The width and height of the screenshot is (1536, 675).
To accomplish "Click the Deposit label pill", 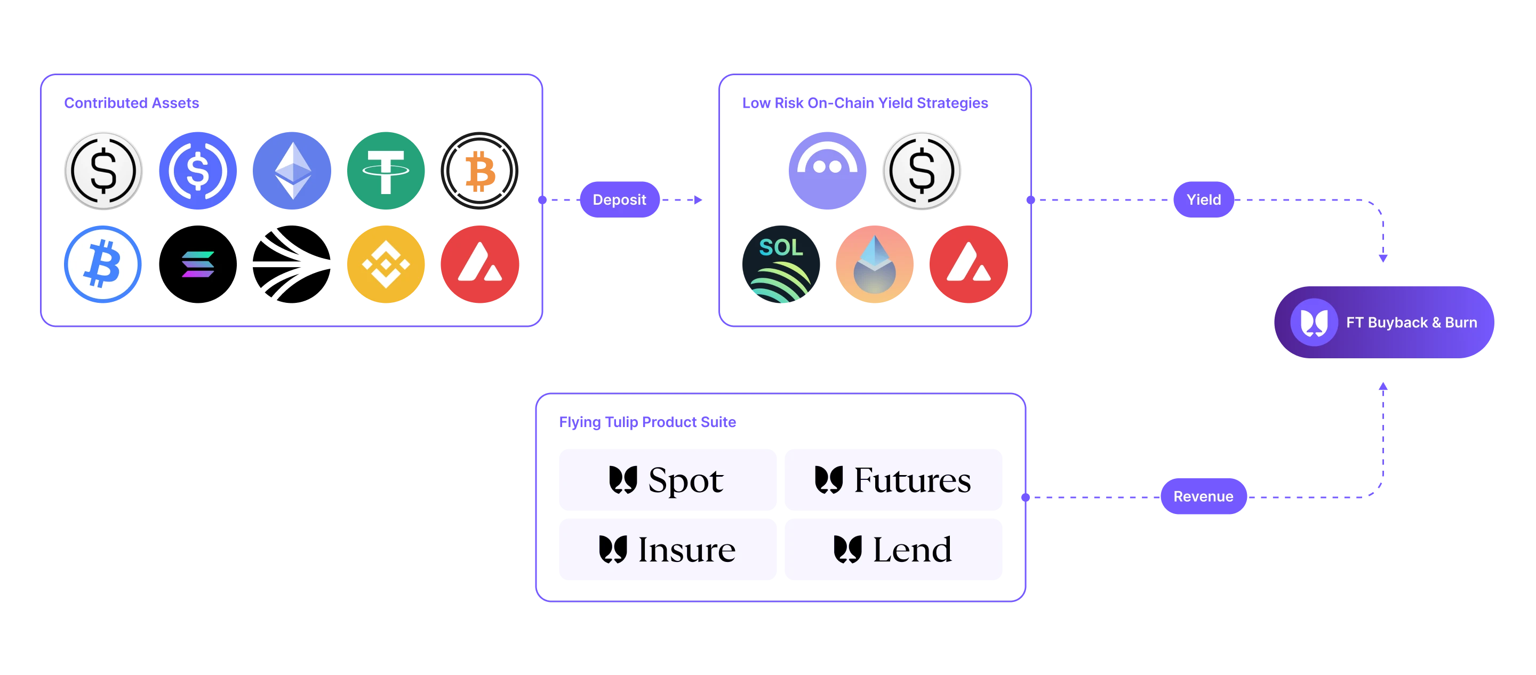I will pos(620,199).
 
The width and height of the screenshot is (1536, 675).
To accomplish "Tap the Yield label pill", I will pos(1203,199).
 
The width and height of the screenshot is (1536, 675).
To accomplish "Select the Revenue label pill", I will pos(1203,496).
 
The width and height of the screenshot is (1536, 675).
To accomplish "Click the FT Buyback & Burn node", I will pos(1384,322).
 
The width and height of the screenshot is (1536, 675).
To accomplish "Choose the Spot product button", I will pos(667,479).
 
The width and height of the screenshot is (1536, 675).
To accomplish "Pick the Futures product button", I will pos(893,479).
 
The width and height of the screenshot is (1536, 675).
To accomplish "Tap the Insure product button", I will pos(667,549).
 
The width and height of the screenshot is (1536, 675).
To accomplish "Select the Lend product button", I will pos(893,549).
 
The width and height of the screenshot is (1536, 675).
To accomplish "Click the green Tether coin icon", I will pos(386,171).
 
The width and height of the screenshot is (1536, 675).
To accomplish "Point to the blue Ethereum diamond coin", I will pos(292,171).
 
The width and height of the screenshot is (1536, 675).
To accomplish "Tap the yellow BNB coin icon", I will pos(386,264).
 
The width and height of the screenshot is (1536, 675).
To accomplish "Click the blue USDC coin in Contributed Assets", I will pos(198,171).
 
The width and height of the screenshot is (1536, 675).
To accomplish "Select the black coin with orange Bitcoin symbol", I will pos(479,171).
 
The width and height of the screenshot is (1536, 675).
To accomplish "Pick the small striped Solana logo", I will pos(198,264).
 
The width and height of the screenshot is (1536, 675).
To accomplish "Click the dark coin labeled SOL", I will pos(782,264).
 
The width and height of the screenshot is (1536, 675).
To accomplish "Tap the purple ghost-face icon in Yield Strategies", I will pos(827,171).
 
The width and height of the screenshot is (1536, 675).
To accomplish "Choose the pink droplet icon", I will pos(875,264).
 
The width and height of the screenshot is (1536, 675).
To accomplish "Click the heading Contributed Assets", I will pos(132,102).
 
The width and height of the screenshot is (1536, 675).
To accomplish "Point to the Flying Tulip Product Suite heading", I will pos(648,422).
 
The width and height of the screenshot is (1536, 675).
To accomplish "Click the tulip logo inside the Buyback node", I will pos(1314,322).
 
